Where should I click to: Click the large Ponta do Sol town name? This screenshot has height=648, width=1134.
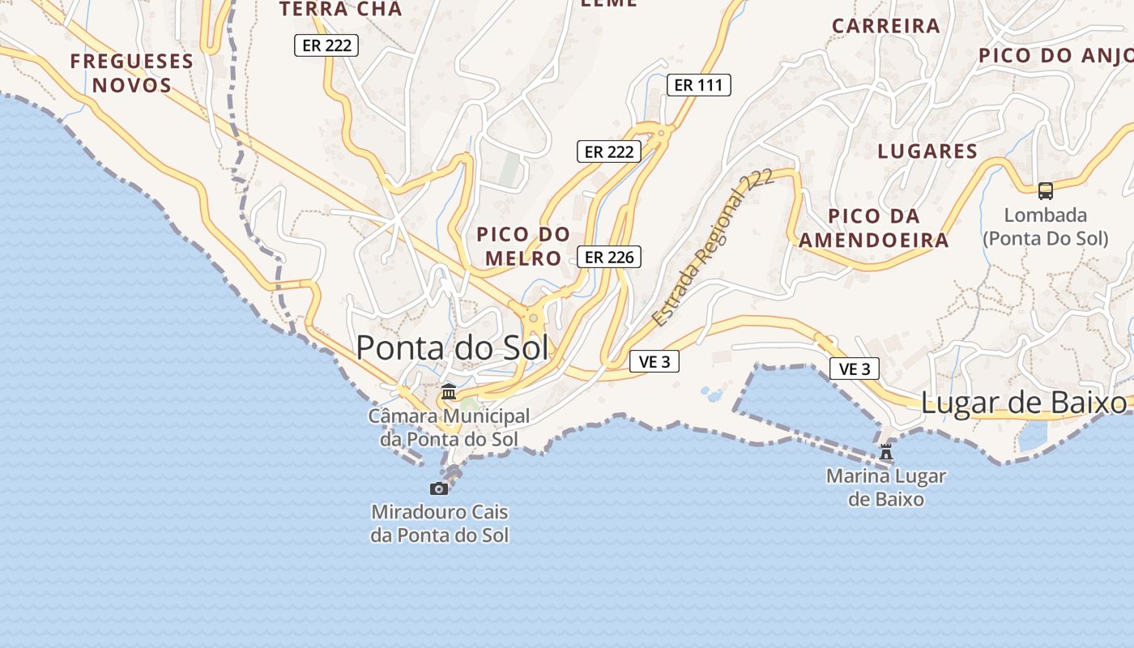(452, 347)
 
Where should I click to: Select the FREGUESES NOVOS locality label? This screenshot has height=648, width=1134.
(131, 73)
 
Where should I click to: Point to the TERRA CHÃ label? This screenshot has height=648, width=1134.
(340, 10)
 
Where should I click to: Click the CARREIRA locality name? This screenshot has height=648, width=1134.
(886, 26)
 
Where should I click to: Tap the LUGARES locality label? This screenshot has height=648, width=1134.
(927, 151)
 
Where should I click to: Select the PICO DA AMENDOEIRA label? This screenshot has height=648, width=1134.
(873, 228)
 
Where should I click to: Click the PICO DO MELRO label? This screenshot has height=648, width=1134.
(523, 246)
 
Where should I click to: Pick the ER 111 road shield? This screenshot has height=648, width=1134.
(698, 84)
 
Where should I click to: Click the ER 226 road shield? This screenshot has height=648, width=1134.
(609, 257)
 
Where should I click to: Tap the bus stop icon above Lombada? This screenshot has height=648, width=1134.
(1046, 191)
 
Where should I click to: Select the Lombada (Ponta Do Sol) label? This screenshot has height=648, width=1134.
(1045, 227)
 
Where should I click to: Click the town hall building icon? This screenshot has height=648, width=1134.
(448, 392)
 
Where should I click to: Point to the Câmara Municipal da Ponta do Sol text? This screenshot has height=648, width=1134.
(449, 427)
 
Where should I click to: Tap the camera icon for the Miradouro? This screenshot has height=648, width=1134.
(439, 488)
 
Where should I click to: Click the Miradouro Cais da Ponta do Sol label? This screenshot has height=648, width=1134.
(440, 523)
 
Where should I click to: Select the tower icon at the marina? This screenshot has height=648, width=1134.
(886, 452)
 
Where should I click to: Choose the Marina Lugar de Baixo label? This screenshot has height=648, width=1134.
(886, 487)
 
